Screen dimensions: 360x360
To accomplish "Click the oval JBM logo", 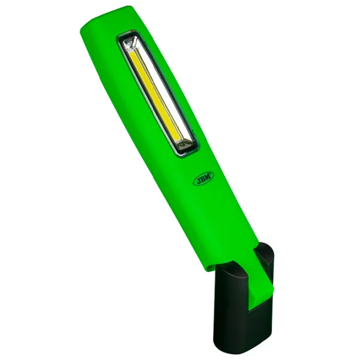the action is coord(203,178).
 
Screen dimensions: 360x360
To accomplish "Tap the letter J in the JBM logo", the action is coord(197,181).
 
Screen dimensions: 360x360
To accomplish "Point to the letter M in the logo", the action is coord(208,176).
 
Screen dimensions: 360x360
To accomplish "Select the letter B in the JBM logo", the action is coord(202,179).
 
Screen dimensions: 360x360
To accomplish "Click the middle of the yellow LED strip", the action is coord(154,96).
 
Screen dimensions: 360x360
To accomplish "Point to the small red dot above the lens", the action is coord(131,31).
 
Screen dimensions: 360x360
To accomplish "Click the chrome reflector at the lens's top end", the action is coord(131,43).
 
